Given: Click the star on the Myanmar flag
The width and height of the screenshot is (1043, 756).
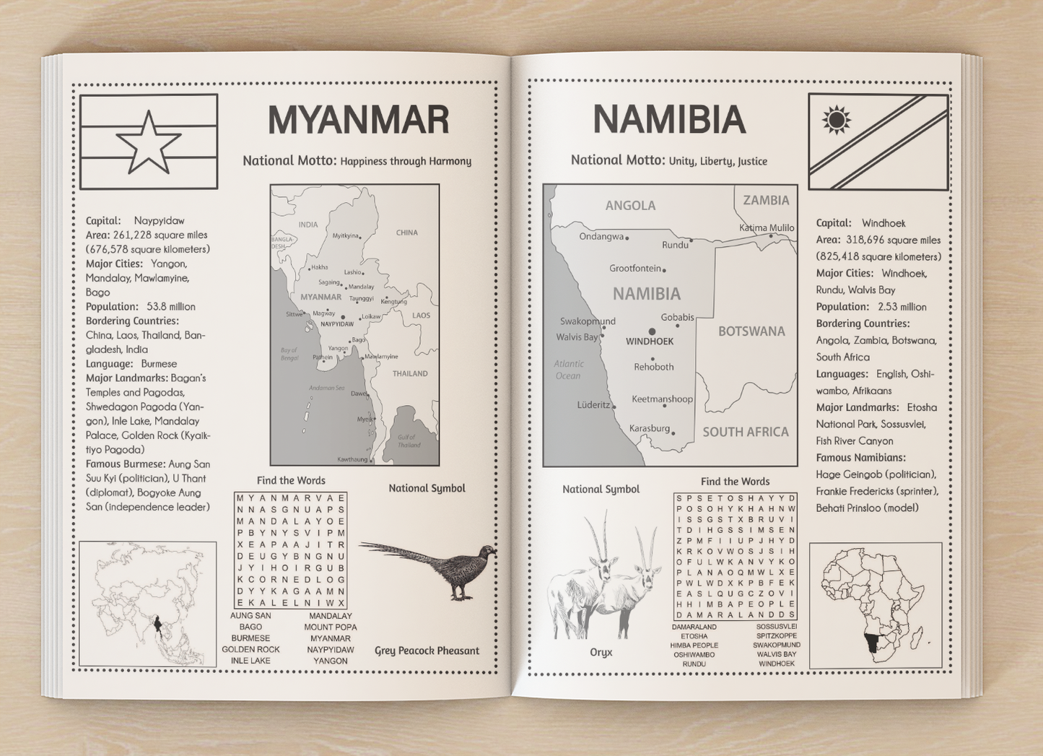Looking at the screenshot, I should click(149, 143).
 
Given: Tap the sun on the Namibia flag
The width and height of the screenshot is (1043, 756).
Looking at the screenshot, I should click(837, 120).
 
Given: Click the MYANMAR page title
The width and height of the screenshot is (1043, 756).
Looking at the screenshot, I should click(358, 120).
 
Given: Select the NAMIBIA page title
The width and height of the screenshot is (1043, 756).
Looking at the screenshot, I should click(669, 120).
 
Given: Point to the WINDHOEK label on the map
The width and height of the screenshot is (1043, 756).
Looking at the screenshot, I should click(650, 342).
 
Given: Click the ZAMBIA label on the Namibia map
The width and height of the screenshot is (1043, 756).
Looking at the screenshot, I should click(766, 200).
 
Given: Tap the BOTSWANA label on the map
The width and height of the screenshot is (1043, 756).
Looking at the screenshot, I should click(751, 331).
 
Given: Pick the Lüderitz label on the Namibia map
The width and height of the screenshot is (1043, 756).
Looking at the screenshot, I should click(593, 405).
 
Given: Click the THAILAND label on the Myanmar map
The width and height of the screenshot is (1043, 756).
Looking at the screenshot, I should click(410, 373).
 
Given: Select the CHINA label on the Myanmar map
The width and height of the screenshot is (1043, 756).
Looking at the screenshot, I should click(407, 233).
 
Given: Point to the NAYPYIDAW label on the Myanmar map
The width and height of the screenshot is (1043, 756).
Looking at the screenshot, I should click(337, 324).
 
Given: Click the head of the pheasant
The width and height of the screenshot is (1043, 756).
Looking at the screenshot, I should click(490, 552).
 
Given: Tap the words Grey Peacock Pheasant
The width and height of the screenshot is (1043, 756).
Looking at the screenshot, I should click(427, 651).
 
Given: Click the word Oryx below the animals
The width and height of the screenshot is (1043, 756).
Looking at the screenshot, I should click(601, 652).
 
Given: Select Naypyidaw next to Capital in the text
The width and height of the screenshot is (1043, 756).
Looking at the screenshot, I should click(159, 220).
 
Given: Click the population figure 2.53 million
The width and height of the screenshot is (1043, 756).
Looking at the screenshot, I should click(902, 307).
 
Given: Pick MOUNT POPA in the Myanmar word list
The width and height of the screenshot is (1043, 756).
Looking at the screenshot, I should click(330, 627).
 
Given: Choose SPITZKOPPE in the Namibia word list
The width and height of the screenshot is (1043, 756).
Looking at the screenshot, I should click(777, 635).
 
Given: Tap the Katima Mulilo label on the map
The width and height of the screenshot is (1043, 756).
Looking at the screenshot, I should click(767, 227).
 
